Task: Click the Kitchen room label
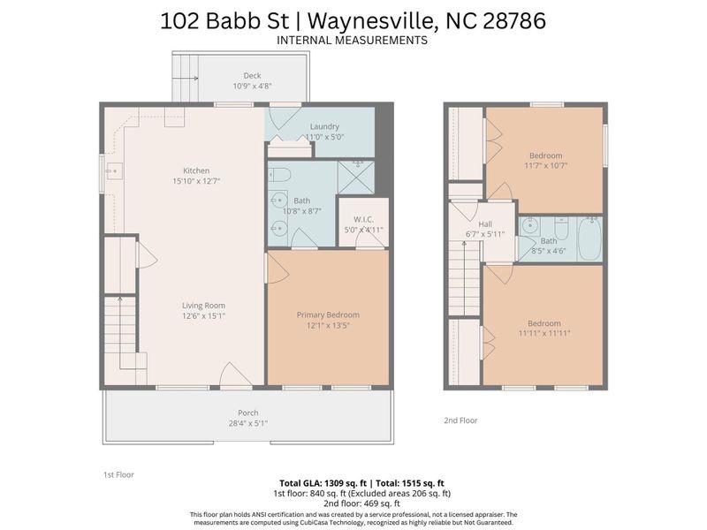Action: [x=195, y=170]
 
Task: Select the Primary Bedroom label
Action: [x=328, y=314]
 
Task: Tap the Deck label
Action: [x=252, y=75]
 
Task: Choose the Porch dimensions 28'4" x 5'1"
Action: [x=247, y=423]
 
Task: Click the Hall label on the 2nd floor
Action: [x=485, y=224]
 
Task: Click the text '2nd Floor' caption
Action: [x=460, y=420]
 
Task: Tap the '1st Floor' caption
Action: [x=118, y=474]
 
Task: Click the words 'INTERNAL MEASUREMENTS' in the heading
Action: [x=352, y=41]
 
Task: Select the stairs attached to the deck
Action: [x=186, y=79]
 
